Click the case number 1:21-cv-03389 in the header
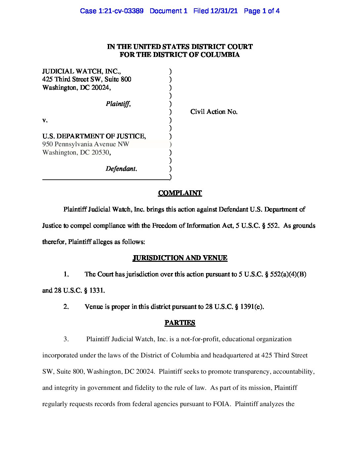point(121,11)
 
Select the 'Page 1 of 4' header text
point(261,11)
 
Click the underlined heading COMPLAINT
point(180,193)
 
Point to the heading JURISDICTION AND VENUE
point(180,258)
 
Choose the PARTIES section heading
point(180,323)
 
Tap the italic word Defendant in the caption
point(120,169)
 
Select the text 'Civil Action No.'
point(214,112)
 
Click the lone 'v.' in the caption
point(45,120)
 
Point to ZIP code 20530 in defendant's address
point(100,153)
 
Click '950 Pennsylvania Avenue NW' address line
point(86,144)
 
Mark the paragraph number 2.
point(66,307)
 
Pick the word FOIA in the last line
point(221,404)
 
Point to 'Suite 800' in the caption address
point(118,79)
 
